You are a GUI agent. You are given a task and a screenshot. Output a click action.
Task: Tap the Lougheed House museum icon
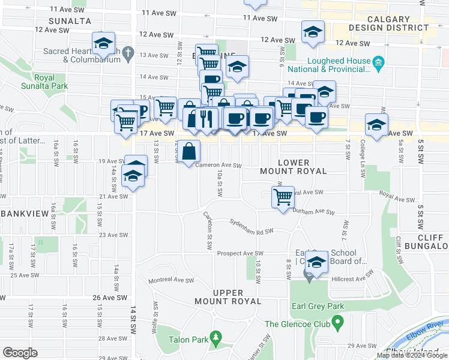click(379, 62)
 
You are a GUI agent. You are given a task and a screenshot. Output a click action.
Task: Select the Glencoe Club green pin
click(337, 324)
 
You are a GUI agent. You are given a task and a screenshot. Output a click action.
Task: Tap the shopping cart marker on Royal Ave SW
click(282, 196)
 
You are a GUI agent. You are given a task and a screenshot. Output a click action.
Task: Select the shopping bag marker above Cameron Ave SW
click(188, 151)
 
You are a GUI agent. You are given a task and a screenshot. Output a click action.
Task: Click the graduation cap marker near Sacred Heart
click(103, 43)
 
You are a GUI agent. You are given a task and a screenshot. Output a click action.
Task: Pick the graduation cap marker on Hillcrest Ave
click(315, 262)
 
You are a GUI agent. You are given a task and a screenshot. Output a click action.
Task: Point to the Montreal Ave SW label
click(171, 280)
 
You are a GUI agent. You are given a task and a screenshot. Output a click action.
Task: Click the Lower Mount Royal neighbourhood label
click(293, 167)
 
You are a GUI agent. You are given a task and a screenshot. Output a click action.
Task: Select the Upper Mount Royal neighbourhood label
click(228, 296)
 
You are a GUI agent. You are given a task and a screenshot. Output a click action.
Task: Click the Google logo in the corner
click(20, 352)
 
